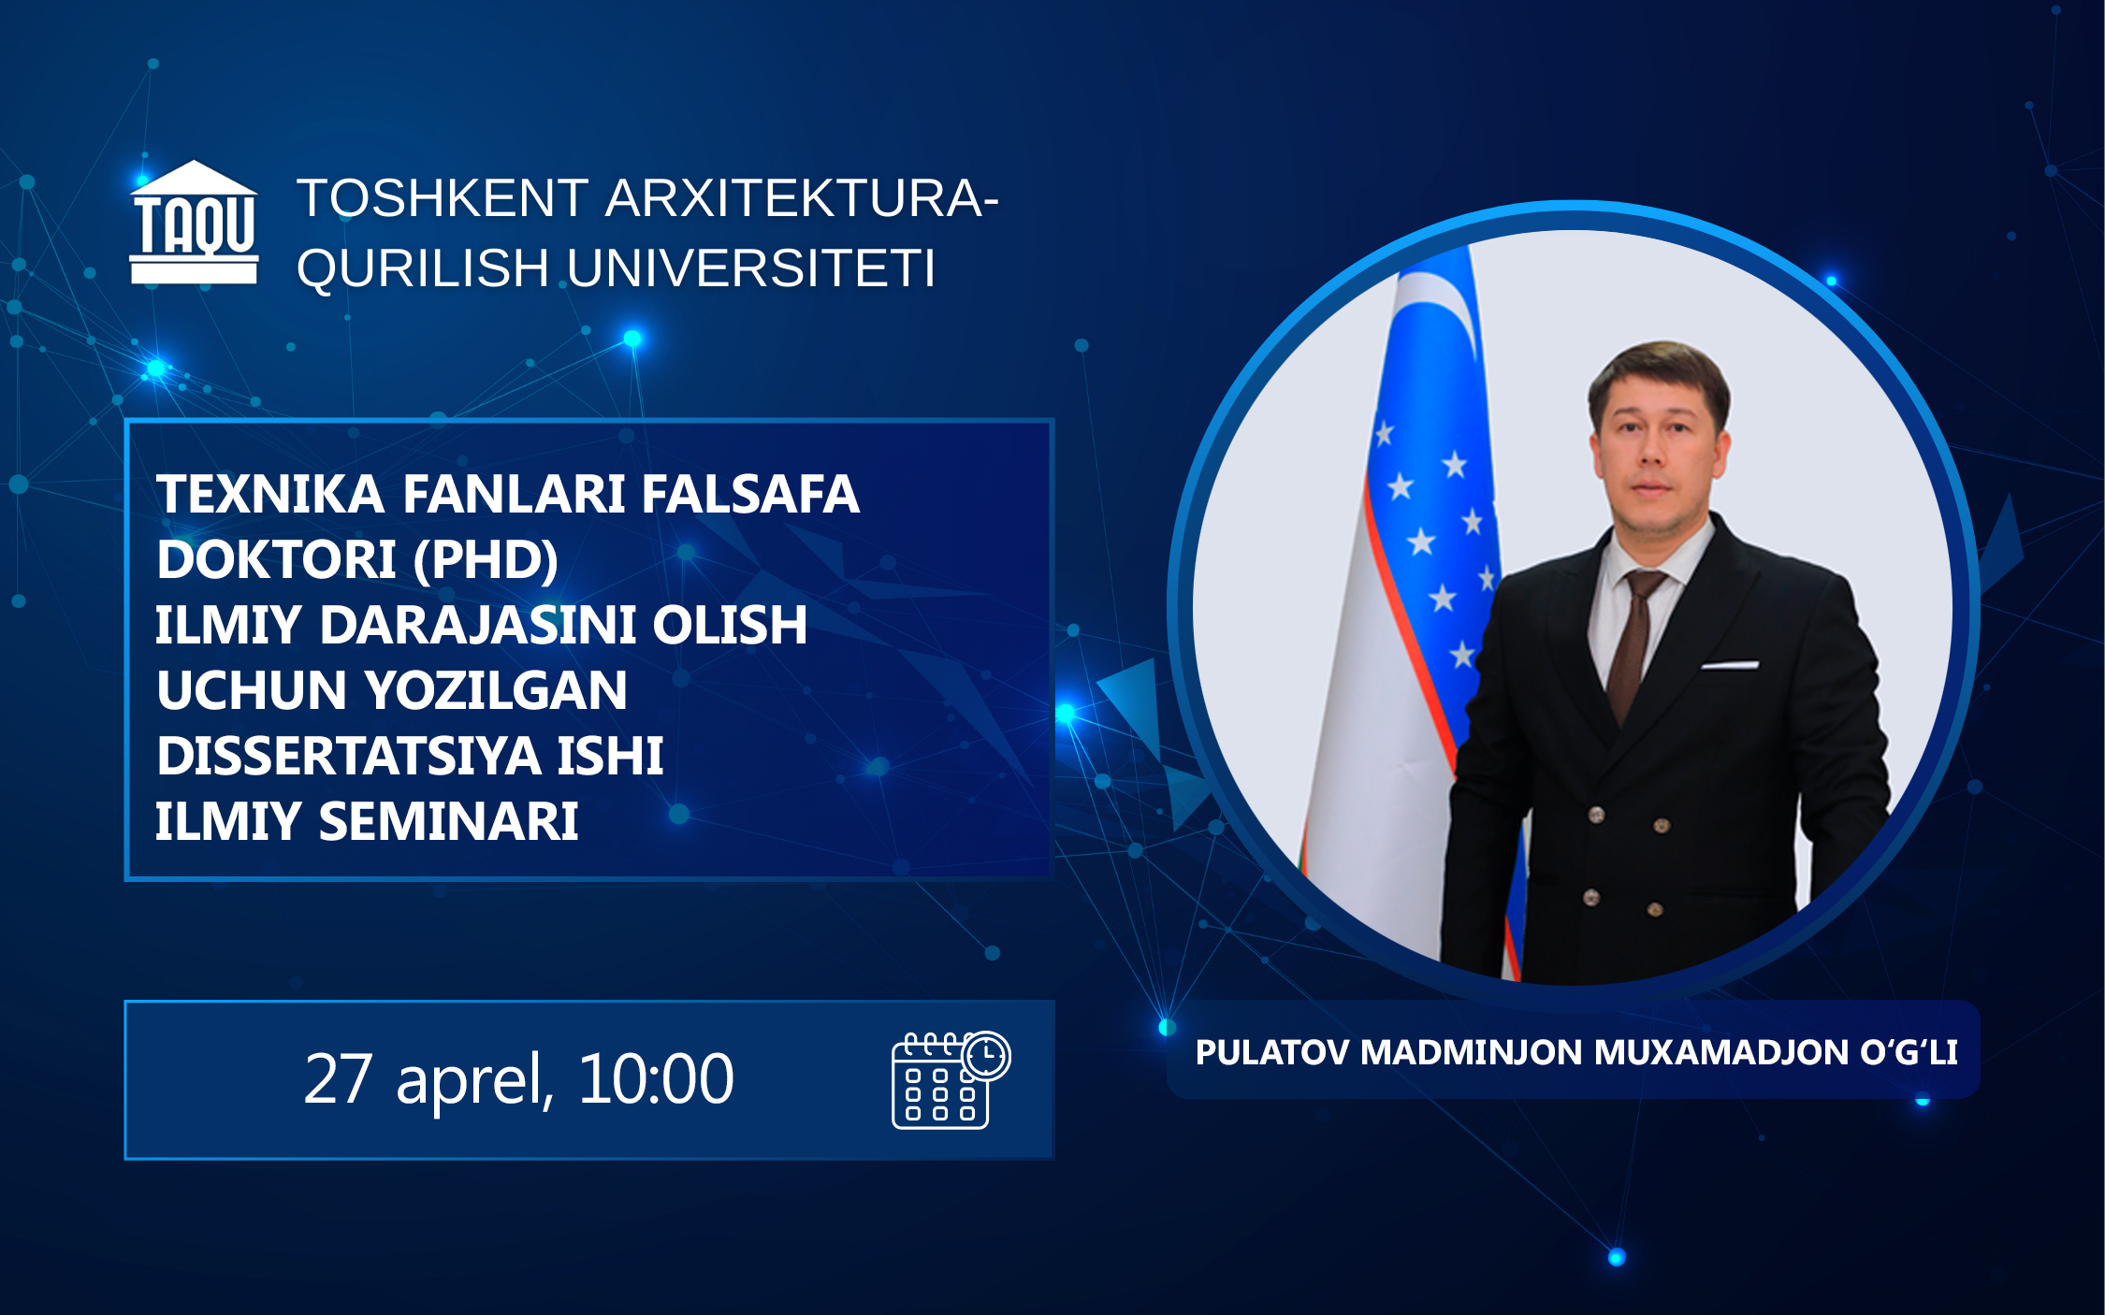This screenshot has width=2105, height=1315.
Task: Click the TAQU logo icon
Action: pos(194,223)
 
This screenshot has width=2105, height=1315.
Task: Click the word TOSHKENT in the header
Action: pos(443,198)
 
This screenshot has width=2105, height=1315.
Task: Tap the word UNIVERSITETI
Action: pos(751,268)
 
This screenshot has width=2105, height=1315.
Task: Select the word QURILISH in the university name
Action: pos(423,269)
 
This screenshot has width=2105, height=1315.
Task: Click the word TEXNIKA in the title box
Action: pos(270,494)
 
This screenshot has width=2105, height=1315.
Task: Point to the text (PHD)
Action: pos(486,559)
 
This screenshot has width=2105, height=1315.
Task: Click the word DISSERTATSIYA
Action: pos(349,756)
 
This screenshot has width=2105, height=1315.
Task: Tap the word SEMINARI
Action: pos(449,821)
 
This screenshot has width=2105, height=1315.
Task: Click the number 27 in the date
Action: pos(339,1079)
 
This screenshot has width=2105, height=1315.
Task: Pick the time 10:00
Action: pos(656,1079)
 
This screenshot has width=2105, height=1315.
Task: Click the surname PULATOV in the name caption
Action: pos(1273,1052)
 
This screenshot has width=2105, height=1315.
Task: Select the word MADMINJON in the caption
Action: pos(1473,1052)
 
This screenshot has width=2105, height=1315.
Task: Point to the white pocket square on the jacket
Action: pos(1730,665)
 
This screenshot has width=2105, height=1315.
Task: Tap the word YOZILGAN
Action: pos(497,690)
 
